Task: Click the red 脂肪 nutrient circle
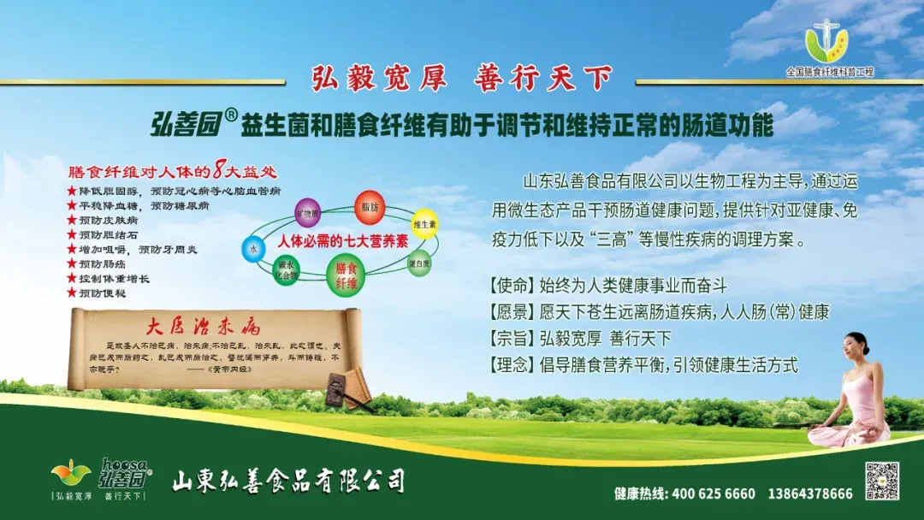(x=369, y=207)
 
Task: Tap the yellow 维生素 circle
(x=425, y=223)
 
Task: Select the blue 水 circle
(x=253, y=248)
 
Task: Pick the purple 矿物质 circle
(x=307, y=212)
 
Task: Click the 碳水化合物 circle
(x=286, y=271)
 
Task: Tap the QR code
(x=882, y=481)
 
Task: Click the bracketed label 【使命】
(x=512, y=285)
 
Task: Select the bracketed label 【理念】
(x=512, y=365)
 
